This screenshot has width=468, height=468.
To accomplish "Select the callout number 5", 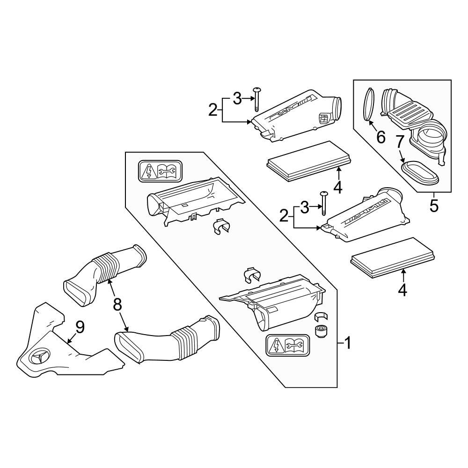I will click(x=434, y=206).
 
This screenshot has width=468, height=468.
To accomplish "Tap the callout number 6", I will click(x=380, y=137).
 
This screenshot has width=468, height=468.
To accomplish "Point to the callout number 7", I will click(x=400, y=141).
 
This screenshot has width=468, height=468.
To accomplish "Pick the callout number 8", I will click(x=117, y=304).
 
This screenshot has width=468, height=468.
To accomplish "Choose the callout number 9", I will click(x=80, y=327).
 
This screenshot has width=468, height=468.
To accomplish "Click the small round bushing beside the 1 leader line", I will click(x=321, y=332).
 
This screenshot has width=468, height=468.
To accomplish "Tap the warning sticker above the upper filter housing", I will click(x=160, y=172).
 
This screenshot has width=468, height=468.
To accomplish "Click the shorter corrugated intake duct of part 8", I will click(x=108, y=274).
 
